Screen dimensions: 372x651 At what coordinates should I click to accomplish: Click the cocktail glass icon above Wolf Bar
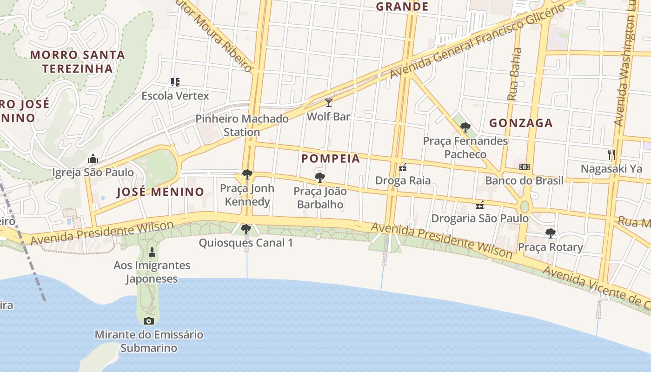point(329,103)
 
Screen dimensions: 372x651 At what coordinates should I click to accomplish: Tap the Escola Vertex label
point(175,96)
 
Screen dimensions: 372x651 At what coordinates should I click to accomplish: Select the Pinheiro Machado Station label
point(242,125)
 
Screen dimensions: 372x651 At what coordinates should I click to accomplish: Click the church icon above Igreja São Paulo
point(93,159)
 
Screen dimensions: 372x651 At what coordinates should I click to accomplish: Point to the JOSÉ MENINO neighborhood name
point(160,192)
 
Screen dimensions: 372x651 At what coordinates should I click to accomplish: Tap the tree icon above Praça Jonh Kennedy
point(247,174)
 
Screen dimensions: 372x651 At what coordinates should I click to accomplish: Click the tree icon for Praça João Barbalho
point(319,177)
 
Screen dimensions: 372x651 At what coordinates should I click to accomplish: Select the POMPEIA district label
point(331,159)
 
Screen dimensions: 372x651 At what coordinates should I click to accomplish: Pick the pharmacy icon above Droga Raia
point(403,167)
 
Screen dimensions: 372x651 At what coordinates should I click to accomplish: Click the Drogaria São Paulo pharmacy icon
point(480,205)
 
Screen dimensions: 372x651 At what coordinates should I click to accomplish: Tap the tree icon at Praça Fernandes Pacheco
point(465,127)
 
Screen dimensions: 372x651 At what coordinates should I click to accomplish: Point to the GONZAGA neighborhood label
point(521,123)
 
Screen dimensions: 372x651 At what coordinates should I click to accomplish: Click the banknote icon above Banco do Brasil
point(524,167)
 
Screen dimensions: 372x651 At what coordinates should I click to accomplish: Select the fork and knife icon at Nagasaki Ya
point(611,154)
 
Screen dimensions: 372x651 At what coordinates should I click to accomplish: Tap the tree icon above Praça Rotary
point(550,233)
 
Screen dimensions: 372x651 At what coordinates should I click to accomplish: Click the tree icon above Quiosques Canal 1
point(246,229)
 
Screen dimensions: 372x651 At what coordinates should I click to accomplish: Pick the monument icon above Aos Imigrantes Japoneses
point(152,252)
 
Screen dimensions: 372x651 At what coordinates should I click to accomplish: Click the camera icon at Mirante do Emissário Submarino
point(149,321)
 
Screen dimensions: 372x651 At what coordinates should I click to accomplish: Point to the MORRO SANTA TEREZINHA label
point(78,61)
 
